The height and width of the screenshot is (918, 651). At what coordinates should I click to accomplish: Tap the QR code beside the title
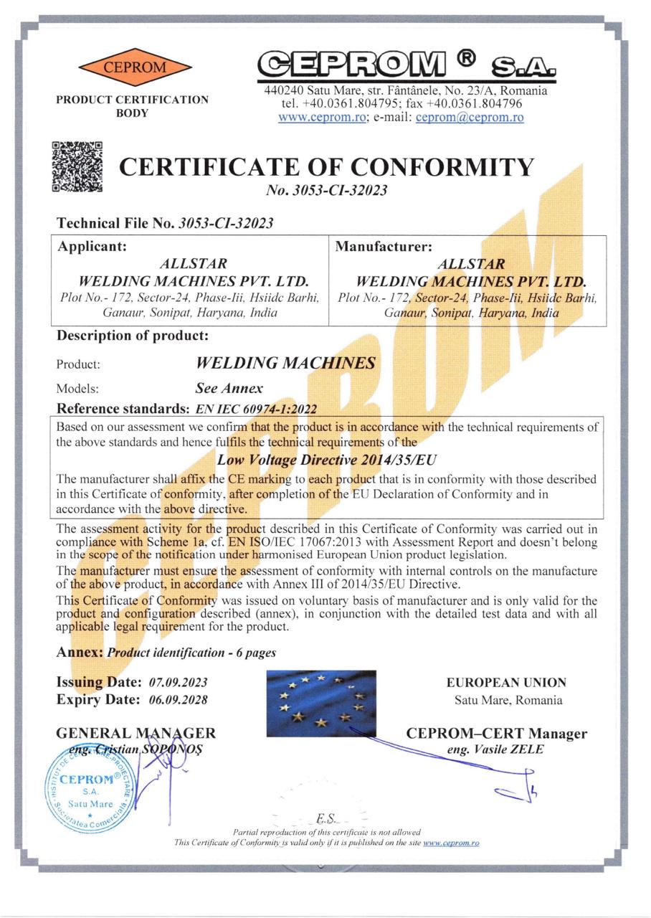tap(77, 167)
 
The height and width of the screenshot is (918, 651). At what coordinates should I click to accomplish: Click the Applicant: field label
tap(92, 247)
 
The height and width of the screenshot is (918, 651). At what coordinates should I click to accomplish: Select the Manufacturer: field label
tap(384, 247)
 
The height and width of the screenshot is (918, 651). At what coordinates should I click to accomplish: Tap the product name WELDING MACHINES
tap(285, 363)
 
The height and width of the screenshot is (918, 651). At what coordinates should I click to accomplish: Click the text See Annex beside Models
tap(229, 389)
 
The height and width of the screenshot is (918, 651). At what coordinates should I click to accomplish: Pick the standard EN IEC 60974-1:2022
tap(256, 410)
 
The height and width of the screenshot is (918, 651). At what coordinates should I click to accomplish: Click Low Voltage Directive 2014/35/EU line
tap(327, 458)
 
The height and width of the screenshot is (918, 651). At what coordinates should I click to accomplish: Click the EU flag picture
tap(320, 699)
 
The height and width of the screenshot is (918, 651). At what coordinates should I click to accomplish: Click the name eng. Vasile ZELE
tap(495, 749)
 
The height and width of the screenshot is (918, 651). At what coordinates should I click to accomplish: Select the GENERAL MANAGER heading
tap(136, 733)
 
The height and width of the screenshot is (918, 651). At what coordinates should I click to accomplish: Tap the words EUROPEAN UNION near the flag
tap(506, 683)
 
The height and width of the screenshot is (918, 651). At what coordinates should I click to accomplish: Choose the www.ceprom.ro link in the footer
tap(451, 843)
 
